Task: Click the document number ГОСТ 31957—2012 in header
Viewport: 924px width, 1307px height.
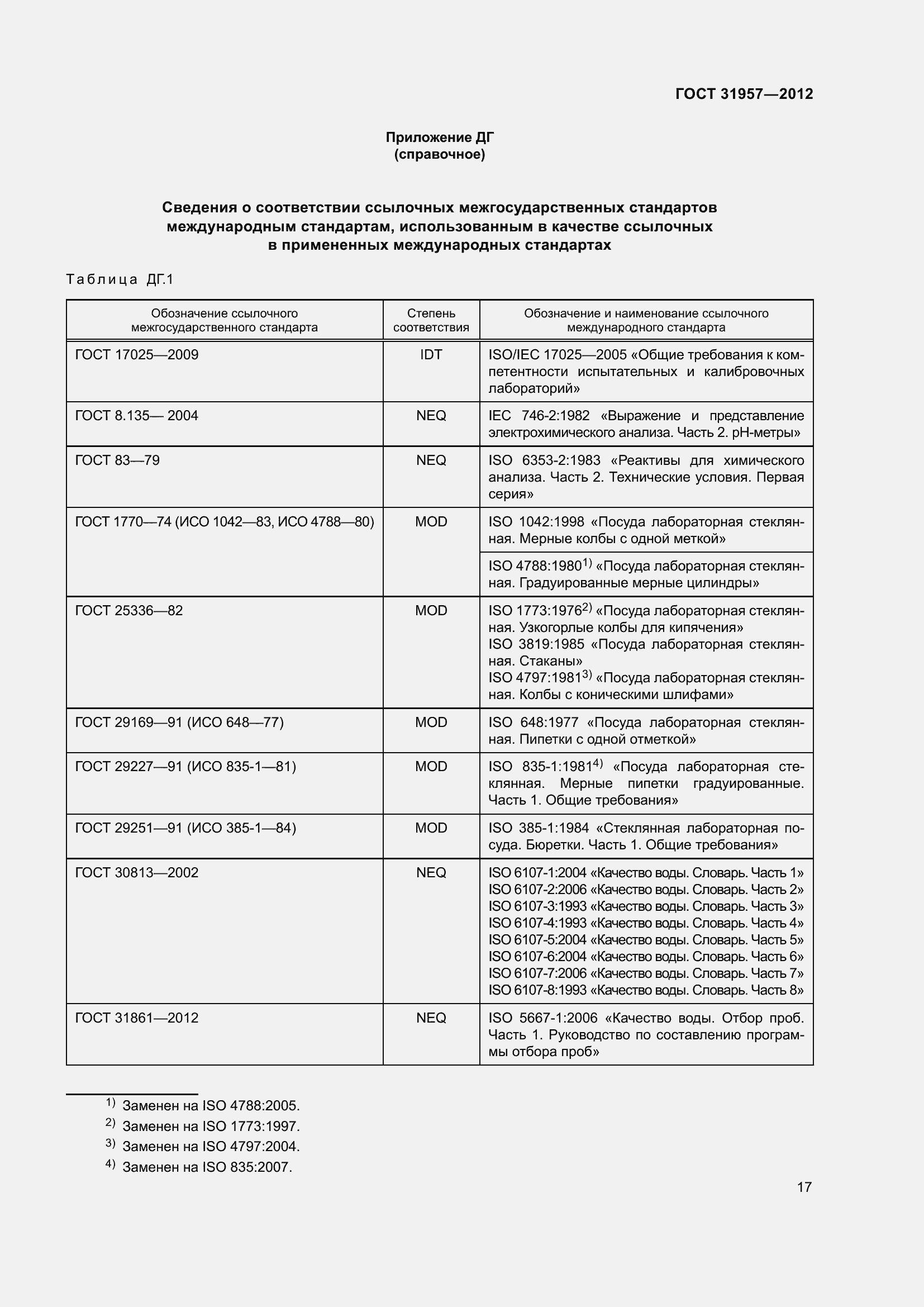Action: tap(744, 94)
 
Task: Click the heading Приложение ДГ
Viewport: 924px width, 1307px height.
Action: tap(439, 137)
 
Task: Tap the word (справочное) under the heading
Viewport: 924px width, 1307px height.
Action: tap(439, 154)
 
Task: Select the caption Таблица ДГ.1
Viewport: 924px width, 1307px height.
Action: tap(120, 279)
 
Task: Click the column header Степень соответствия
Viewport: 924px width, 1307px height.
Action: tap(431, 320)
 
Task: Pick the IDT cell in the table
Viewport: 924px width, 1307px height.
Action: tap(431, 355)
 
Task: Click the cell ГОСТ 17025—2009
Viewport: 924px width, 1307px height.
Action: tap(136, 355)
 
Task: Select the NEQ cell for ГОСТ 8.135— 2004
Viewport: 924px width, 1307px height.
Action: tap(431, 416)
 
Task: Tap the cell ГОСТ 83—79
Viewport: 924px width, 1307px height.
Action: tap(117, 460)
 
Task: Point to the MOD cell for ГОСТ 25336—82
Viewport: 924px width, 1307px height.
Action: tap(431, 610)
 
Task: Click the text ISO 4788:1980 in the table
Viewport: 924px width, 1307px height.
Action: tap(535, 566)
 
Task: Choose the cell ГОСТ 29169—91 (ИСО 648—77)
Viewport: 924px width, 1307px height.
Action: tap(179, 722)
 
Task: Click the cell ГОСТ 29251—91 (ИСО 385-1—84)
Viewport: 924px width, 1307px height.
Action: tap(185, 828)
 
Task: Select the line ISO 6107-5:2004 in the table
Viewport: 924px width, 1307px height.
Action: tap(645, 940)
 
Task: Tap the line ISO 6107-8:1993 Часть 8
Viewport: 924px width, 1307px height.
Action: tap(645, 990)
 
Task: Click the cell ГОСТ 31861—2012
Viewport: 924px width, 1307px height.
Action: tap(136, 1018)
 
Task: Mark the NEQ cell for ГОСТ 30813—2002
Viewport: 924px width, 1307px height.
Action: tap(431, 873)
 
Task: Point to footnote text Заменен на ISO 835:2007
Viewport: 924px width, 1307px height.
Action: tap(207, 1167)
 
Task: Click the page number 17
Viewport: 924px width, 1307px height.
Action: tap(804, 1187)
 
